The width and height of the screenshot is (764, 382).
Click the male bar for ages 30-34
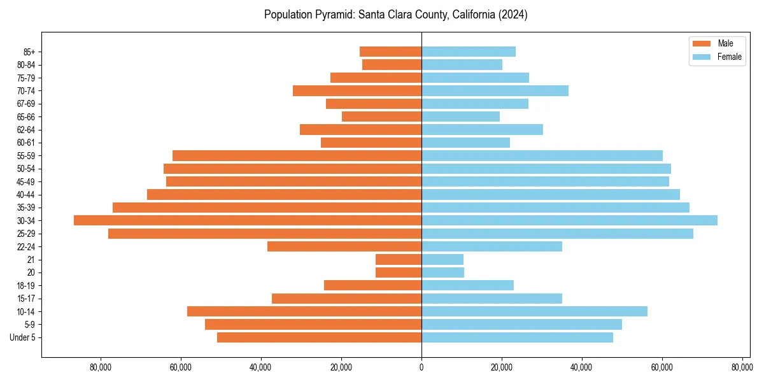248,220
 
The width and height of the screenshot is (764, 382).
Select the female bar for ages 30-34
569,220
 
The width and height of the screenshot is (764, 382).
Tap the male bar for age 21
399,260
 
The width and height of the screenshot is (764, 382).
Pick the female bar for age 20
442,272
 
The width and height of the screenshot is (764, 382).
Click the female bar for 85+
469,52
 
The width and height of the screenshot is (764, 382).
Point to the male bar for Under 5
319,337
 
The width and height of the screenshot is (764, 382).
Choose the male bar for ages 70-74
357,90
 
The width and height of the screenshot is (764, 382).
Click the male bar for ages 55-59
297,155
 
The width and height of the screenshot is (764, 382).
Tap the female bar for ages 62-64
482,129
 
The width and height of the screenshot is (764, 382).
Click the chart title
395,15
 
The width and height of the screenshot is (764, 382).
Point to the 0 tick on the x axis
421,367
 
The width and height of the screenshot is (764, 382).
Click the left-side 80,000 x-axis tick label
101,367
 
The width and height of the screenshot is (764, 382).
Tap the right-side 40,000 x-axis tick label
581,367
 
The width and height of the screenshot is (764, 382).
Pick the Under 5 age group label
22,337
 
